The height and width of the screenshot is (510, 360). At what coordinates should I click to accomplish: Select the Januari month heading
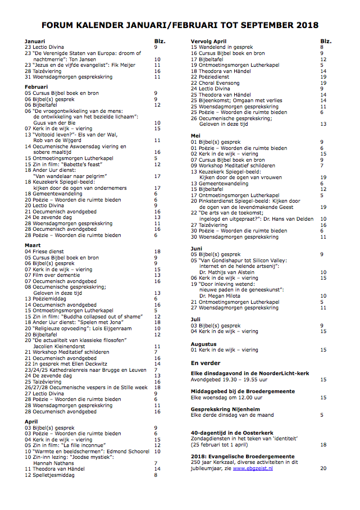[x=35, y=42]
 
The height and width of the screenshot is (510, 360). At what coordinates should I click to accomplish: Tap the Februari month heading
[x=37, y=87]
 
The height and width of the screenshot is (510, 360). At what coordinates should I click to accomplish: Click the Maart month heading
[x=34, y=245]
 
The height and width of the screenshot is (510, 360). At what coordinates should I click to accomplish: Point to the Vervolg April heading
[x=208, y=42]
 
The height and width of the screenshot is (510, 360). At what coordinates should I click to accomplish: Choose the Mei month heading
[x=196, y=135]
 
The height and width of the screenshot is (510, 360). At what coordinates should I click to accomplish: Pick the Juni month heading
[x=197, y=248]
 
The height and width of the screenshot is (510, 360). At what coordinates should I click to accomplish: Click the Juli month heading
[x=196, y=318]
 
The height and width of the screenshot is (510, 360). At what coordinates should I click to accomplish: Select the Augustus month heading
[x=203, y=343]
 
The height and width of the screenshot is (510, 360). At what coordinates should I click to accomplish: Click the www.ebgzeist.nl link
[x=253, y=468]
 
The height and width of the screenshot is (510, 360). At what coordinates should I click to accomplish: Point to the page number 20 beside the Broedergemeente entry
[x=323, y=468]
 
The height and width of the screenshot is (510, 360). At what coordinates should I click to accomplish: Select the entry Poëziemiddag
[x=49, y=299]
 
